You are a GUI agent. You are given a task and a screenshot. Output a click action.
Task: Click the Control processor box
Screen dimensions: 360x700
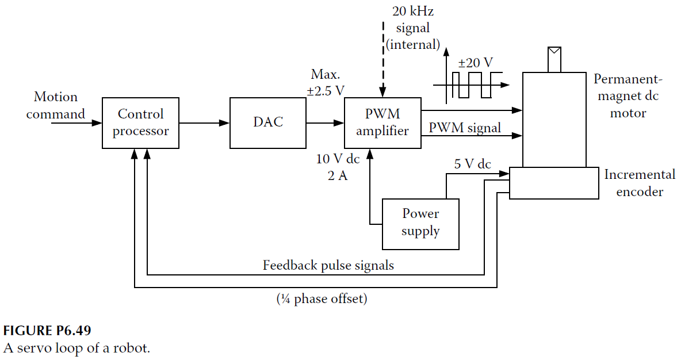140,123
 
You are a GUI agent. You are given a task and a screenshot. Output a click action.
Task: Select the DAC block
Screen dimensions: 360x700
268,123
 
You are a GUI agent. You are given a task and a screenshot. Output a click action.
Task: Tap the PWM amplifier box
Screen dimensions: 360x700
382,123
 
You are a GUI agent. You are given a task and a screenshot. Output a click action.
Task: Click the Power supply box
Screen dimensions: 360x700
420,224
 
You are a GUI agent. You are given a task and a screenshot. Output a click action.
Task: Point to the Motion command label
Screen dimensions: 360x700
55,105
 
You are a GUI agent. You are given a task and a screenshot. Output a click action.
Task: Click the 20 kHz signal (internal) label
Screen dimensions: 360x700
412,28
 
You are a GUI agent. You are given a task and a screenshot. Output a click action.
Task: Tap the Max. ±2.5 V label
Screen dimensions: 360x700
326,82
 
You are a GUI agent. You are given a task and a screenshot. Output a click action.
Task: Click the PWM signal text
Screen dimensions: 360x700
465,127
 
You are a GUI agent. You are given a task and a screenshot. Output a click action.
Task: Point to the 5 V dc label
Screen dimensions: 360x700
472,164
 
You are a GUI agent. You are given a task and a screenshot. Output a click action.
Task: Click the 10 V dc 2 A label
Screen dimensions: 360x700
338,167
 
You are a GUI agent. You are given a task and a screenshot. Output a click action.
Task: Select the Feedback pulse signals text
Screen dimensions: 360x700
328,265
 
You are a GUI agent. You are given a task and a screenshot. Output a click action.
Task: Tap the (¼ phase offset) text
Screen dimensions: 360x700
322,299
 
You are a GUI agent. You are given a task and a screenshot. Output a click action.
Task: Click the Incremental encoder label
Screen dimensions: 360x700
640,183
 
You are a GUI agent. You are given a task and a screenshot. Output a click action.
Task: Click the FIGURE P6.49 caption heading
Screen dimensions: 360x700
47,331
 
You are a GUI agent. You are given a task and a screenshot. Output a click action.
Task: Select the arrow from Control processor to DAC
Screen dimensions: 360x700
204,123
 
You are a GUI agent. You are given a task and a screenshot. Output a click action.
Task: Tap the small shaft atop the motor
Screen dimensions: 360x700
554,59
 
